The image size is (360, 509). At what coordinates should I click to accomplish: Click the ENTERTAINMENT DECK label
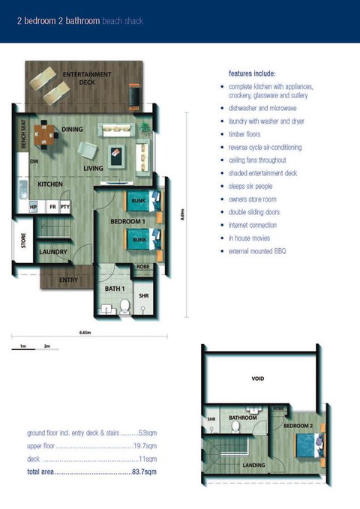(x=87, y=78)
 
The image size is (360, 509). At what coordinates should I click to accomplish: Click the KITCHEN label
(x=49, y=184)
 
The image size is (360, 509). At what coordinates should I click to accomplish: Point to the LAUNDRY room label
(x=53, y=252)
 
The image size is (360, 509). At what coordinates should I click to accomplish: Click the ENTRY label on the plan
(x=68, y=280)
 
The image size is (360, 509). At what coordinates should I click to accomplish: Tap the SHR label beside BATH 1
(x=144, y=296)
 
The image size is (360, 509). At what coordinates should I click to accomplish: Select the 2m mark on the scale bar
(x=46, y=346)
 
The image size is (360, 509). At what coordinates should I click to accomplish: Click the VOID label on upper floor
(x=257, y=379)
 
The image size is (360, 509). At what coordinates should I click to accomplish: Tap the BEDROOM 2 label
(x=298, y=425)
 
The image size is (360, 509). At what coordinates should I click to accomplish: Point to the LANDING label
(x=254, y=466)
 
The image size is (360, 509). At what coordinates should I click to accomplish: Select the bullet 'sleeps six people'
(x=251, y=186)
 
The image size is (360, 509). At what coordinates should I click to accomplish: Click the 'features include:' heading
(x=253, y=73)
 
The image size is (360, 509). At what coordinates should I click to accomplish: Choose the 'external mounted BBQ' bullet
(x=257, y=250)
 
